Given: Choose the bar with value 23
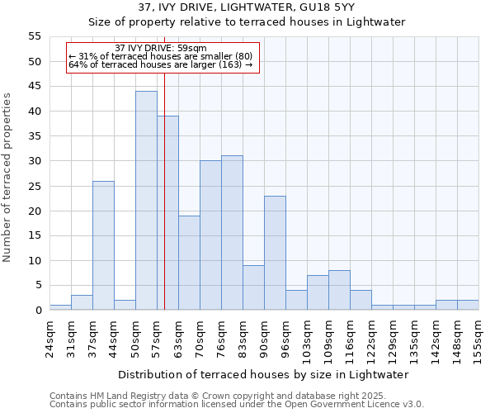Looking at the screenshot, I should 275,253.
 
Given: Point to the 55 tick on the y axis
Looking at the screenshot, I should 35,37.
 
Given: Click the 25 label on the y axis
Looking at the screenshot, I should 35,186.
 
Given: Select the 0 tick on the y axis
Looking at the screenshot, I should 38,311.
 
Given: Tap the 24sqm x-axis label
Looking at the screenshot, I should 50,335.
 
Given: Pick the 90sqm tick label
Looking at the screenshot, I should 265,335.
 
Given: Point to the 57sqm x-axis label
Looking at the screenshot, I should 158,335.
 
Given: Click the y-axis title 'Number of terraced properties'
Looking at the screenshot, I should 8,178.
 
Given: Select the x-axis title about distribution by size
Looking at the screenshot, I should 263,374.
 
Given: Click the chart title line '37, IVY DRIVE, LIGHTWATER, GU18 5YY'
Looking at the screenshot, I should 247,7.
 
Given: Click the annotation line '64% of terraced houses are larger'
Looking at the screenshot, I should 160,64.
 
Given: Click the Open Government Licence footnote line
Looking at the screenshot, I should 236,405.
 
